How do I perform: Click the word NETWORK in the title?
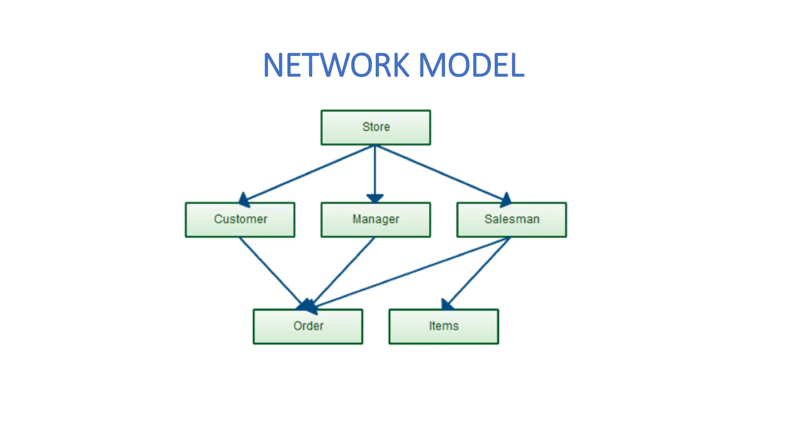point(336,65)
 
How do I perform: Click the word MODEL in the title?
point(471,65)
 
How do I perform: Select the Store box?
point(375,127)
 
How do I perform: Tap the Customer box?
point(240,219)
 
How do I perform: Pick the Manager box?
point(375,219)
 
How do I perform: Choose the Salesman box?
point(511,219)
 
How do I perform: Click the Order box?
point(308,326)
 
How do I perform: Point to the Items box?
point(443,326)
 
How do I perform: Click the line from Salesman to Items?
point(480,270)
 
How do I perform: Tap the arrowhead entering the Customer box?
point(244,200)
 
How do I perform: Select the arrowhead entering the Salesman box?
point(505,200)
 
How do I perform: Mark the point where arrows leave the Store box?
point(375,145)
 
